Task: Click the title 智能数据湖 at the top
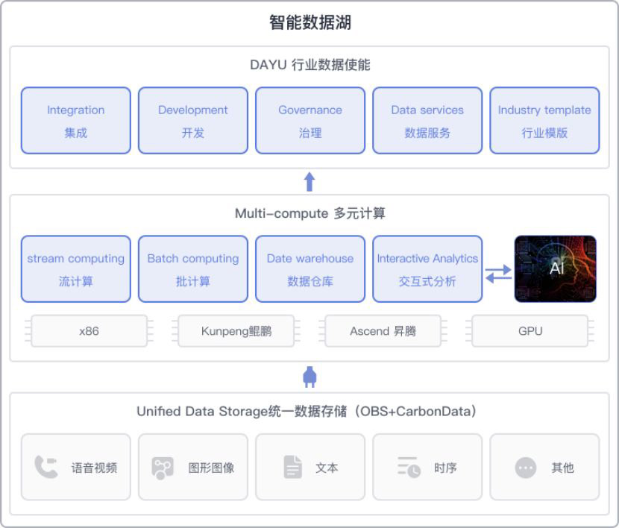pos(309,22)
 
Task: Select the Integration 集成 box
pos(76,121)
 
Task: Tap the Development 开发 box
pos(193,121)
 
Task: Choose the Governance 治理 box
pos(310,121)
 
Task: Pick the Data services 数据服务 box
pos(427,121)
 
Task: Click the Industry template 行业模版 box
pos(544,121)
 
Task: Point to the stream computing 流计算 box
pos(76,269)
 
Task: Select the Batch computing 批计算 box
pos(193,269)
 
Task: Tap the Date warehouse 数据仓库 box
pos(310,269)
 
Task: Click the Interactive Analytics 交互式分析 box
pos(427,269)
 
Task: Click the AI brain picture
pos(556,268)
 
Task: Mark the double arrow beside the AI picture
pos(498,274)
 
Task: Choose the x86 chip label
pos(89,331)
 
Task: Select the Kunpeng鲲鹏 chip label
pos(236,331)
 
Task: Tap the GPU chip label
pos(530,331)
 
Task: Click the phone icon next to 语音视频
pos(46,468)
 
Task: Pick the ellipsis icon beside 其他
pos(526,468)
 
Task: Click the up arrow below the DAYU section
pos(310,181)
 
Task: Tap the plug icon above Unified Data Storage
pos(310,377)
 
